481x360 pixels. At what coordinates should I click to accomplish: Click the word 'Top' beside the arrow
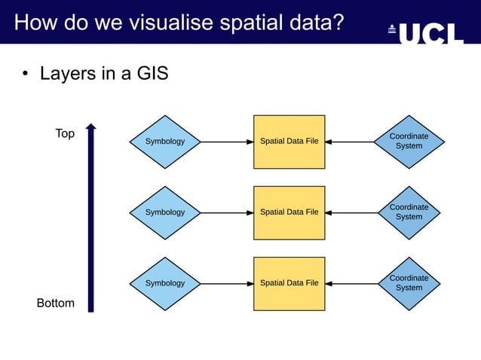[65, 133]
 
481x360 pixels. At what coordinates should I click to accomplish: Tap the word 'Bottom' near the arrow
[56, 303]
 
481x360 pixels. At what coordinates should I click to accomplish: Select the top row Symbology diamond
[164, 142]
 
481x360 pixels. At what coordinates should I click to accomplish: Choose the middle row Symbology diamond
[164, 212]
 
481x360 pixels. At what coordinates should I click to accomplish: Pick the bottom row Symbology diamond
[164, 283]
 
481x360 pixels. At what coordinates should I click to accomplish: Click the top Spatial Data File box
[289, 142]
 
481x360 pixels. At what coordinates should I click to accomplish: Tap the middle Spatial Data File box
[289, 212]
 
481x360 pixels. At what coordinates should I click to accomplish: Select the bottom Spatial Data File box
[289, 283]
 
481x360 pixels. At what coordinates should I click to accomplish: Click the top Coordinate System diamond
[409, 142]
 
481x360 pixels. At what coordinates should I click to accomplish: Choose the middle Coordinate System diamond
[409, 212]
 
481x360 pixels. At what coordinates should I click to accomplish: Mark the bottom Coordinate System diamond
[409, 283]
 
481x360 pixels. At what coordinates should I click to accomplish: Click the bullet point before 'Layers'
[25, 75]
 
